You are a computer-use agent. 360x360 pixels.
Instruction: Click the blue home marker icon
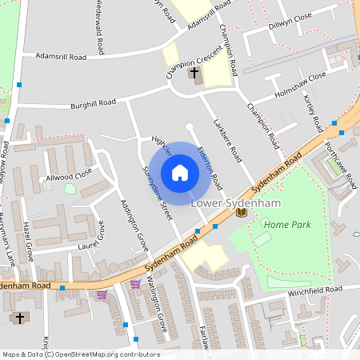[180, 173]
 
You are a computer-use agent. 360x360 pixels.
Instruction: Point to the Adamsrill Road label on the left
[61, 57]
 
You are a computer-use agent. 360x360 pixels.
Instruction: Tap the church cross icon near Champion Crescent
[195, 75]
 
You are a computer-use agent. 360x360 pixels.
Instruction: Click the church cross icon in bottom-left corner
[20, 318]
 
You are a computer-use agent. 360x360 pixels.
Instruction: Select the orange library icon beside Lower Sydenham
[241, 213]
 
